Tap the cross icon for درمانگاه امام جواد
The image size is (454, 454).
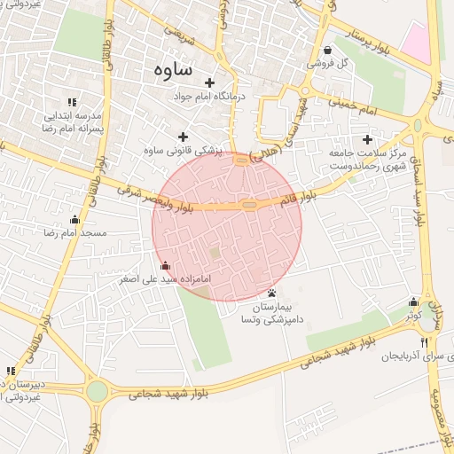point(209,82)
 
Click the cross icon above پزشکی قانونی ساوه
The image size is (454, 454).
point(184,137)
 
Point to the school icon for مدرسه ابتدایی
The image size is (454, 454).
point(72,103)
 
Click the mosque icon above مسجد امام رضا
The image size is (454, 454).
point(74,219)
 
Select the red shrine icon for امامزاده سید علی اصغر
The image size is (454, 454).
point(164,265)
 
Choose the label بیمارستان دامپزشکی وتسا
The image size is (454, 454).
point(273,312)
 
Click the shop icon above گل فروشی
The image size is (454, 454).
point(329,50)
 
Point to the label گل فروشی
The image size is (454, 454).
point(329,64)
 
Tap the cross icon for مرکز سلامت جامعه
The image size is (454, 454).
point(367,138)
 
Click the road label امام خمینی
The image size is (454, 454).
point(371,109)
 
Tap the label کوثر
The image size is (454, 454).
point(413,316)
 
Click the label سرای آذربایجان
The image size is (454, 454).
point(413,355)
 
